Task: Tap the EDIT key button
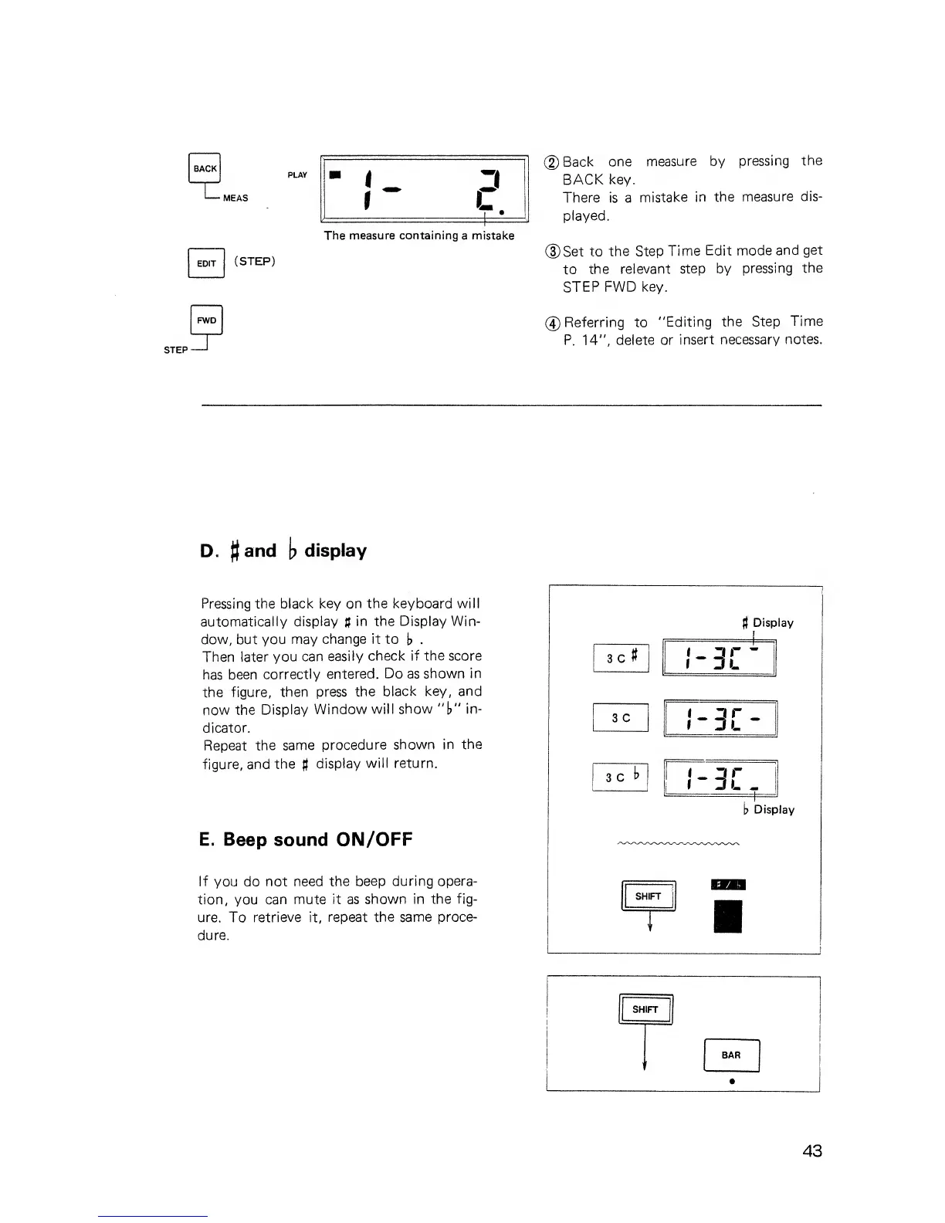point(206,263)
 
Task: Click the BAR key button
point(731,1055)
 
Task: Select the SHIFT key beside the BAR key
point(645,1009)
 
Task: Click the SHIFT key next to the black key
point(648,896)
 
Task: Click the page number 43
point(812,1151)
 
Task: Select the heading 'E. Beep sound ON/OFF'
point(306,839)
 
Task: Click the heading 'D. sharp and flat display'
point(283,551)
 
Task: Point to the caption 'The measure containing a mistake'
point(419,235)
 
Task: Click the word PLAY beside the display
point(297,175)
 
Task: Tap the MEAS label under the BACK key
point(235,198)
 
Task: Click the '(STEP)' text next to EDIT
point(255,261)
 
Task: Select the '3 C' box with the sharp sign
point(621,658)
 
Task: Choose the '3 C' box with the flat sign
point(621,777)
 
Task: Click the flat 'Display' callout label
point(769,810)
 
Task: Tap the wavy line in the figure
point(679,843)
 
